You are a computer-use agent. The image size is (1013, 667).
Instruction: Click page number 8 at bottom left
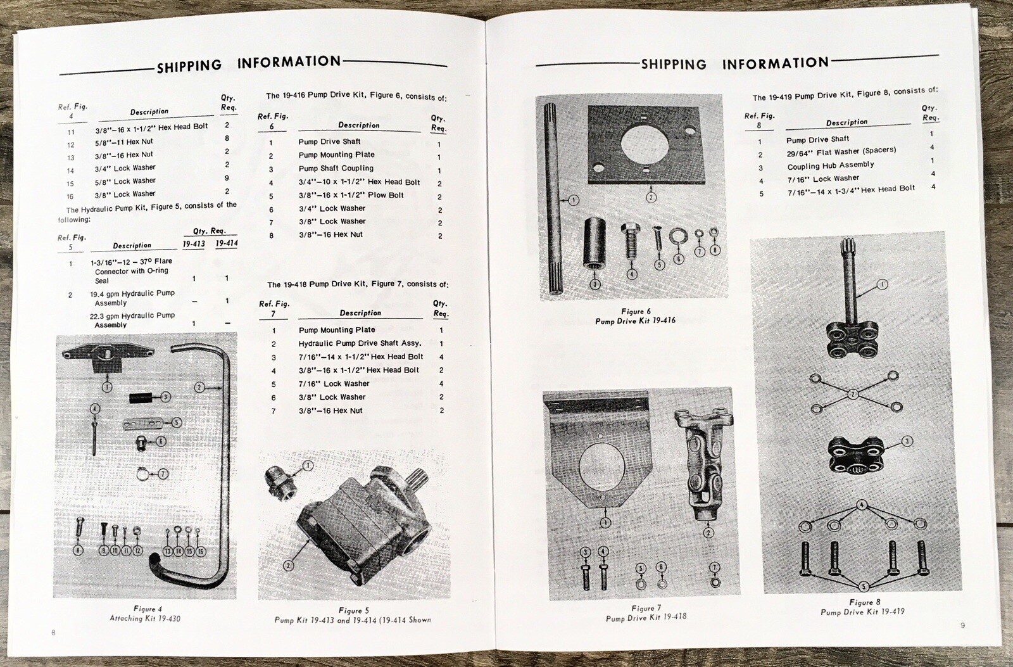pyautogui.click(x=53, y=632)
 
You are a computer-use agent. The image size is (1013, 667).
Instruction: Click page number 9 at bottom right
pyautogui.click(x=962, y=626)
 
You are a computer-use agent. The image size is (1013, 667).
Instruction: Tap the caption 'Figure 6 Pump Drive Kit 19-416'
pyautogui.click(x=635, y=316)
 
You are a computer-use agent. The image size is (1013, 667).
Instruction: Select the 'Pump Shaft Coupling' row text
pyautogui.click(x=336, y=168)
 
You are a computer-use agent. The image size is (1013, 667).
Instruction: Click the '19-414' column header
pyautogui.click(x=226, y=243)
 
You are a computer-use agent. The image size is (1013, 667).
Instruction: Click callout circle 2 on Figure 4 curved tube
pyautogui.click(x=199, y=387)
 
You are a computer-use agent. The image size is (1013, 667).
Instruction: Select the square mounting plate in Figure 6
pyautogui.click(x=651, y=145)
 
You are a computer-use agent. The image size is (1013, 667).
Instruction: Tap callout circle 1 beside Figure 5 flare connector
pyautogui.click(x=308, y=466)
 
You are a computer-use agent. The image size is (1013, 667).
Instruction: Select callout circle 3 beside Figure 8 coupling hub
pyautogui.click(x=907, y=441)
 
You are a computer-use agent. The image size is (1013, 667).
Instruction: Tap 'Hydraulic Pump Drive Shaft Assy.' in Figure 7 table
pyautogui.click(x=360, y=343)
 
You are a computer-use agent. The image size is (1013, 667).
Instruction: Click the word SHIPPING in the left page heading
pyautogui.click(x=189, y=65)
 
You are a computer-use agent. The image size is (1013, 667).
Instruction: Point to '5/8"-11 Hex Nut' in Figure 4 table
pyautogui.click(x=123, y=142)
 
